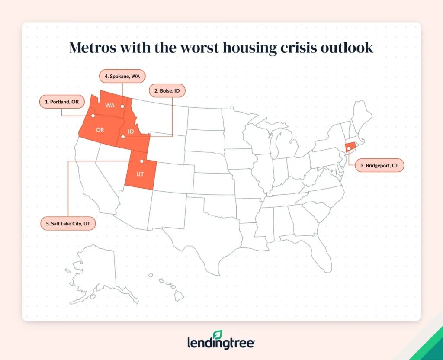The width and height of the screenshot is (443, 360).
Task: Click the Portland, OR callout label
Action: point(62,103)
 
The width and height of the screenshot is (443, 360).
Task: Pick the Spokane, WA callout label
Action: point(122,76)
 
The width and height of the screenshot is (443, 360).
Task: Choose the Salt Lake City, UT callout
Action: point(67,224)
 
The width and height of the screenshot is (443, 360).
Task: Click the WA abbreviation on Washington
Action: point(110,106)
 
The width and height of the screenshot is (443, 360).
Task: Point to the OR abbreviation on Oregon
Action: point(100,130)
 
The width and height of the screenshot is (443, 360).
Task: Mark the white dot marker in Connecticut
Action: point(349,148)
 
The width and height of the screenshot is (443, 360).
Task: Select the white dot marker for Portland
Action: point(93,116)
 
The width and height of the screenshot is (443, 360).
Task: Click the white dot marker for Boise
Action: point(123,137)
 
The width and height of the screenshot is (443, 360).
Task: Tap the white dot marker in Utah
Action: point(141,161)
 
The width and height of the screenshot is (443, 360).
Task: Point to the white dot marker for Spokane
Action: point(122,106)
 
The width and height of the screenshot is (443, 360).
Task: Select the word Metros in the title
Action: point(96,48)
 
